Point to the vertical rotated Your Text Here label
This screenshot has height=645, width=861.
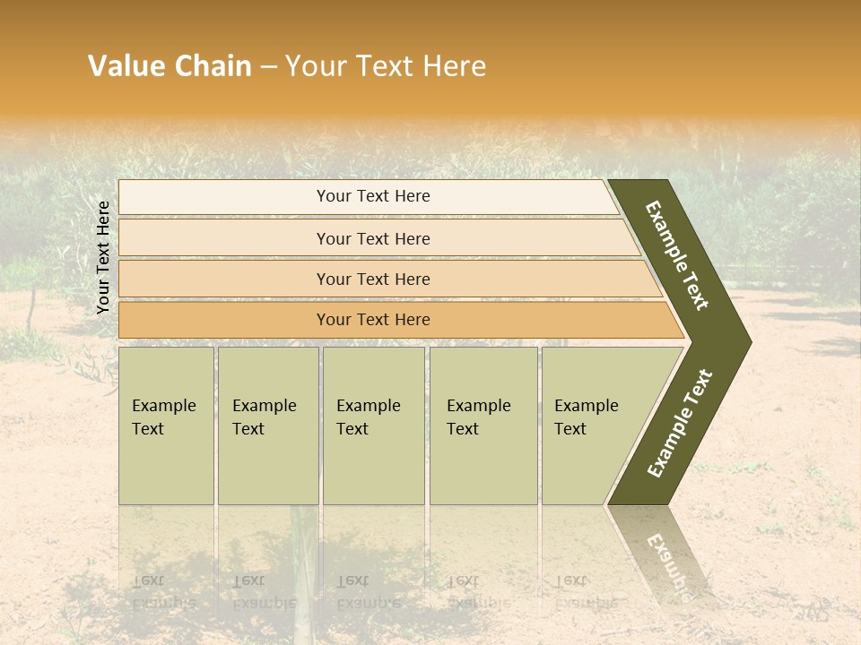[x=103, y=257]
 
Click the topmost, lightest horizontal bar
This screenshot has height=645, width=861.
[x=372, y=196]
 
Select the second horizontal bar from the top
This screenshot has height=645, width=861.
[x=372, y=238]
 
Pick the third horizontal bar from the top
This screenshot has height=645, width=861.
[x=372, y=279]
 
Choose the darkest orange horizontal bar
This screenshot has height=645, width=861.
[x=372, y=320]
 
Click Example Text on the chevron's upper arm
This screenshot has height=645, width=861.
[x=677, y=255]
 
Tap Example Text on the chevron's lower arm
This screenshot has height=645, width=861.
[x=680, y=424]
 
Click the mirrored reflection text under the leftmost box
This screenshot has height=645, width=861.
[x=164, y=592]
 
